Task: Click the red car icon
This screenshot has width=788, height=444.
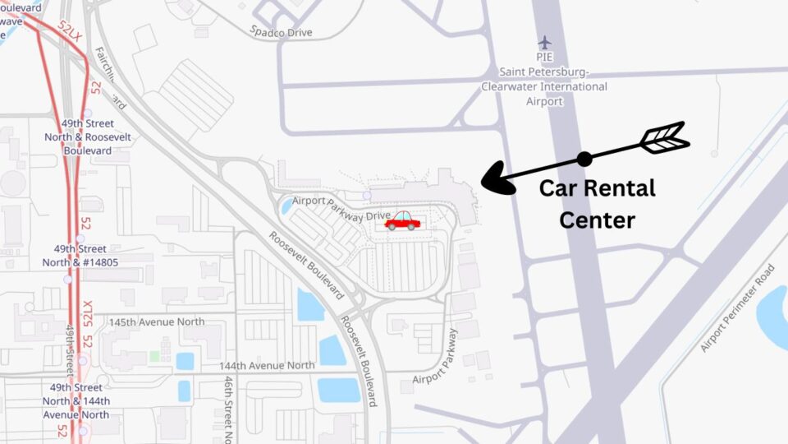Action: (x=402, y=220)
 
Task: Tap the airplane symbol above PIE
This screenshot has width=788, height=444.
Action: (x=544, y=42)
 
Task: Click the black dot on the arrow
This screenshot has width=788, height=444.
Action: (x=584, y=159)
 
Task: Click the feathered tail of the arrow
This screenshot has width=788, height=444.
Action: (x=664, y=138)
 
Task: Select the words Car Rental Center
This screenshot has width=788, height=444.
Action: (x=597, y=204)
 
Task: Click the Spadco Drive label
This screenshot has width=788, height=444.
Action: (x=282, y=32)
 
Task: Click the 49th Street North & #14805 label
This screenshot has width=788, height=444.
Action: (x=80, y=256)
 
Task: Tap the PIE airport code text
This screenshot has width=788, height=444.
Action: (x=544, y=58)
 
